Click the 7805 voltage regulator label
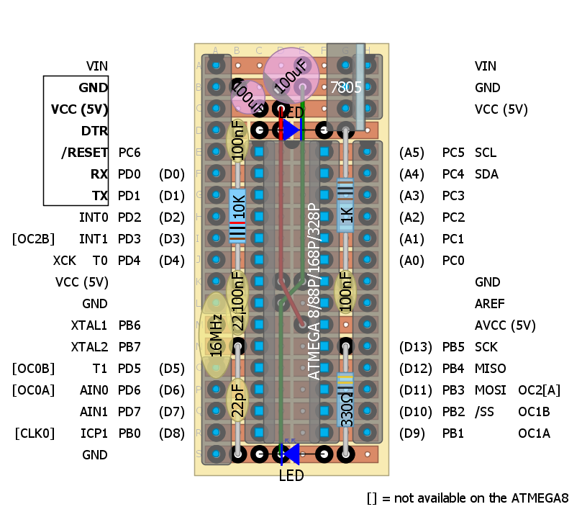[x=345, y=88]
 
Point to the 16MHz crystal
[x=215, y=336]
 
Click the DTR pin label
[x=95, y=131]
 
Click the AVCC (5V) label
[x=505, y=325]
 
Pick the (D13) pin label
[x=415, y=347]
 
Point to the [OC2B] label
[x=33, y=239]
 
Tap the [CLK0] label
[x=34, y=433]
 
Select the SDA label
[x=486, y=174]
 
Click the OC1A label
[x=534, y=433]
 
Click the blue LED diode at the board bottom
[x=291, y=454]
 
